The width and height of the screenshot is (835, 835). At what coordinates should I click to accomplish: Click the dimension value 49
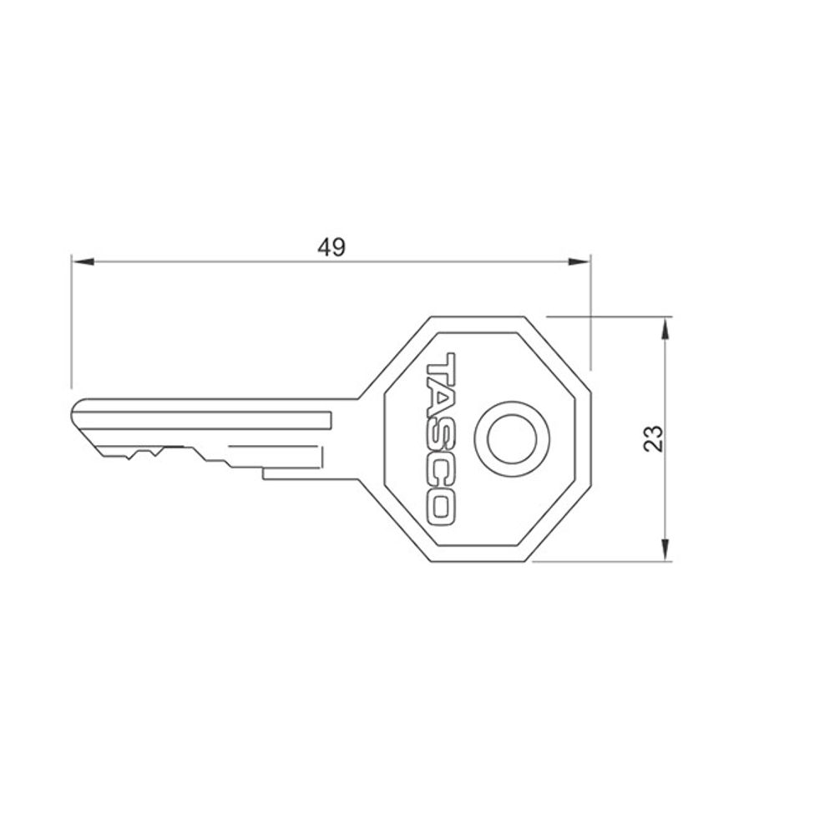click(331, 247)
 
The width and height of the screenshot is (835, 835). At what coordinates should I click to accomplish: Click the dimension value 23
click(654, 439)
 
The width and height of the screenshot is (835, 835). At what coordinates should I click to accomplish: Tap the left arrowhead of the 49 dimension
click(83, 261)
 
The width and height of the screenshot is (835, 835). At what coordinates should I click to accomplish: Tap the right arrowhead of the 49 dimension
click(579, 261)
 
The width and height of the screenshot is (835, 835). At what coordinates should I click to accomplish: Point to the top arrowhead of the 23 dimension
click(665, 329)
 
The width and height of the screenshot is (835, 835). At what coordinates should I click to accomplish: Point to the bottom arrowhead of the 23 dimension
click(665, 549)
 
